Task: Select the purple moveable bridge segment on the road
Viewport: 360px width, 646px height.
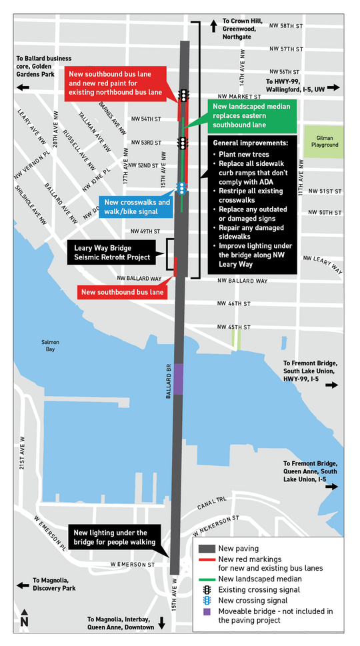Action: click(178, 379)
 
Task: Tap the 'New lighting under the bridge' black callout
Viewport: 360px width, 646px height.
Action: click(114, 537)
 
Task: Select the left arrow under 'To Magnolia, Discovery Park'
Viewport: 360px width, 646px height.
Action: click(24, 586)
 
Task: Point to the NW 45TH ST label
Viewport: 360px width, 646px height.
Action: click(234, 327)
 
